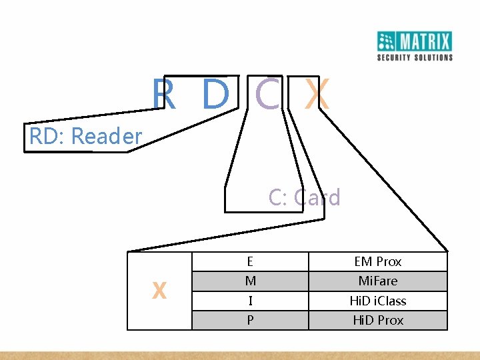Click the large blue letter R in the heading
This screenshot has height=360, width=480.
(x=164, y=95)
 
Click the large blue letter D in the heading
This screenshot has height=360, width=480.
(x=215, y=95)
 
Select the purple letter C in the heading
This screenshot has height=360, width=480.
(x=267, y=95)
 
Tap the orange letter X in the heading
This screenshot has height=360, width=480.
(x=317, y=95)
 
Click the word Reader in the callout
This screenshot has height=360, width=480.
(x=106, y=137)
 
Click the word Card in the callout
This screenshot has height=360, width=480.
(x=317, y=197)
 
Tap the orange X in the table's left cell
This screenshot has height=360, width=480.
(x=159, y=291)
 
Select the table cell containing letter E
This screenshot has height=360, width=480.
(x=250, y=261)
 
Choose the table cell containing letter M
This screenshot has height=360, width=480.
(x=250, y=281)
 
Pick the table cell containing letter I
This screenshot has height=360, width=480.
(x=250, y=301)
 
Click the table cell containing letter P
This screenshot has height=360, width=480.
(x=250, y=320)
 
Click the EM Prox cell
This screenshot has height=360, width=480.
(x=378, y=261)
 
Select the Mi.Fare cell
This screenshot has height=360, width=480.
(x=378, y=281)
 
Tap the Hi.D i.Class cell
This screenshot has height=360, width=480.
(x=378, y=301)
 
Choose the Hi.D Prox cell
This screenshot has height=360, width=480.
(x=378, y=320)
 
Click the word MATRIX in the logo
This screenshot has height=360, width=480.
(x=425, y=42)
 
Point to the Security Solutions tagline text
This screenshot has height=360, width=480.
(x=415, y=57)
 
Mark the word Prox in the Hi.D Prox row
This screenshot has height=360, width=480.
(x=391, y=320)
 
